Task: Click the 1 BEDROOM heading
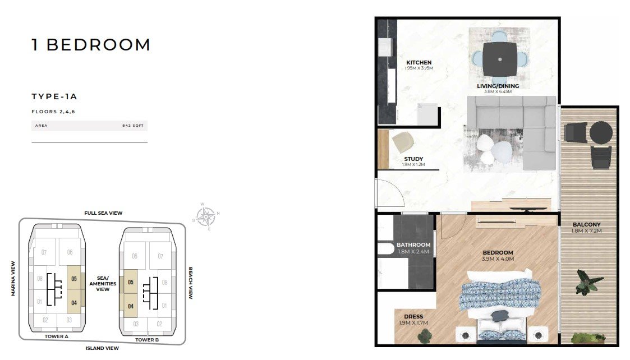click(91, 45)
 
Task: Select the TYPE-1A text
click(54, 96)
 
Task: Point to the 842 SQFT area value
click(133, 126)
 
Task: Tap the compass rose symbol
click(206, 216)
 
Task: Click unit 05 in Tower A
click(74, 279)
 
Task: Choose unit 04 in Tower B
click(131, 306)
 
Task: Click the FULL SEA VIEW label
click(103, 213)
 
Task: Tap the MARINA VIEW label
click(13, 279)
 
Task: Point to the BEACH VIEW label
click(191, 283)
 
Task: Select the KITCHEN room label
click(419, 62)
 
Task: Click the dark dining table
click(500, 59)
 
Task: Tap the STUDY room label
click(413, 159)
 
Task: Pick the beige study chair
click(403, 142)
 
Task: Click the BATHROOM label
click(413, 244)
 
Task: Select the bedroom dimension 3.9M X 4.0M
click(498, 259)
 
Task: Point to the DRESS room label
click(413, 316)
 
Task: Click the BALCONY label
click(587, 224)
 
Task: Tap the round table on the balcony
click(601, 132)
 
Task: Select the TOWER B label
click(147, 340)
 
